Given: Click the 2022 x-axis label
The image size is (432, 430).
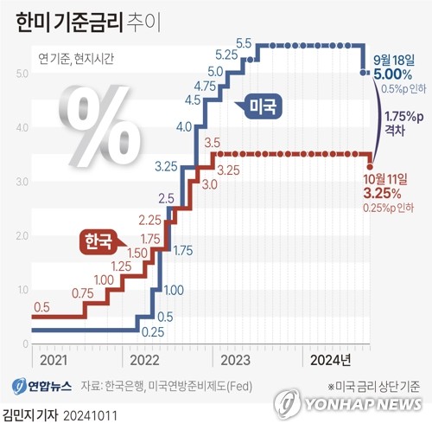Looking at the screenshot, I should click(x=148, y=358).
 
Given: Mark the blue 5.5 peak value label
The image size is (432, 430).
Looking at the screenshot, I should click(x=243, y=43).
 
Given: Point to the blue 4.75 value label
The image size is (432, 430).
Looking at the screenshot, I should click(x=206, y=87).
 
